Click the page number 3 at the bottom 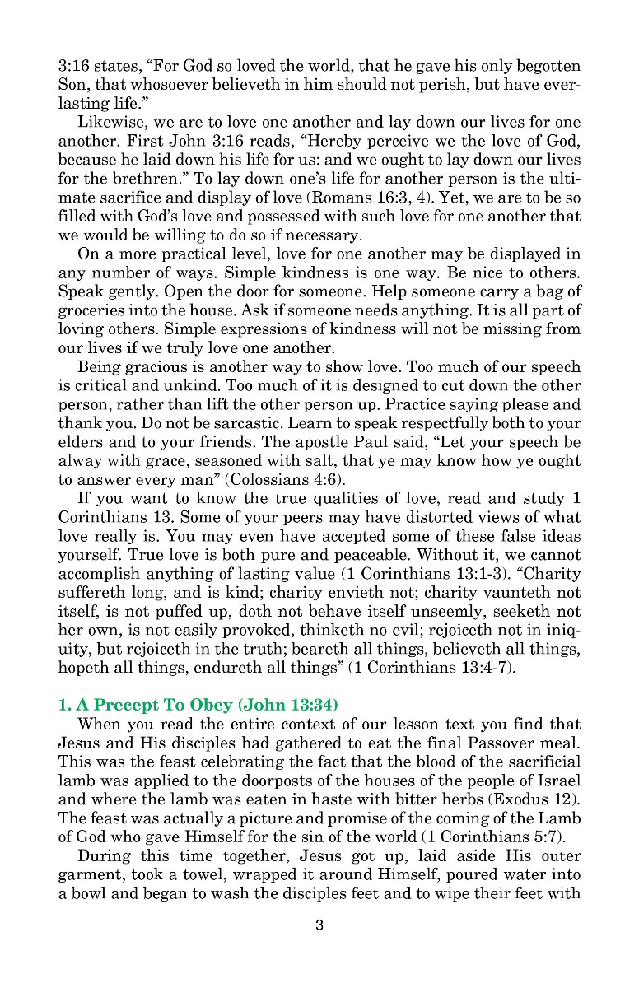[x=319, y=925]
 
